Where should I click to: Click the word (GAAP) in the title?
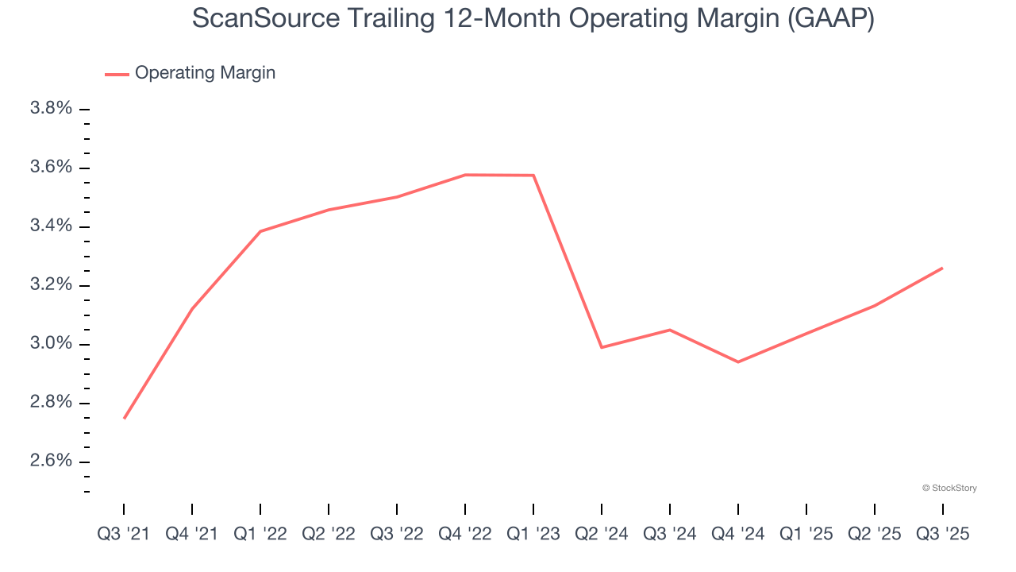(830, 19)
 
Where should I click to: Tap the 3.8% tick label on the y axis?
(51, 109)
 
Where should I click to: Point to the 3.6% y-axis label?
(51, 168)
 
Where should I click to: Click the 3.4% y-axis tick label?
(51, 226)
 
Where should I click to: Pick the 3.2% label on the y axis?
(51, 285)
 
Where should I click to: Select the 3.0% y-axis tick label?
(51, 344)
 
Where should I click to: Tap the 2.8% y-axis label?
(51, 403)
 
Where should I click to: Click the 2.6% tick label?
(51, 462)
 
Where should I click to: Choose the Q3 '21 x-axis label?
(124, 534)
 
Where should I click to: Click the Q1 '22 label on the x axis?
(260, 534)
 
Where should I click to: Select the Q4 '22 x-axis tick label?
(465, 534)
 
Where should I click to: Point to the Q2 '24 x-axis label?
(602, 534)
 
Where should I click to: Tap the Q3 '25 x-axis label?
(943, 534)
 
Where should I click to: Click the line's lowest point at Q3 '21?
(125, 418)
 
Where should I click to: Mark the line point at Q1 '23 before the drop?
(533, 176)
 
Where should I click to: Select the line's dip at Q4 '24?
(738, 362)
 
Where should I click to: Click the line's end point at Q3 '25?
(942, 268)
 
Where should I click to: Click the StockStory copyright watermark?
(949, 488)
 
